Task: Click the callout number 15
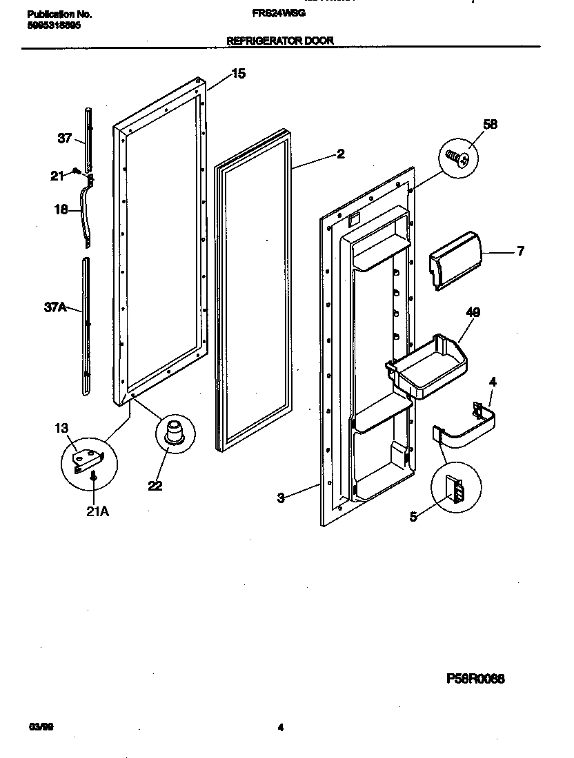pos(237,74)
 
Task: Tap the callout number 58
pos(490,125)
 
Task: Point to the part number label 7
pos(520,252)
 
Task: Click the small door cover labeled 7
pos(455,260)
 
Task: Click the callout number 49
pos(473,313)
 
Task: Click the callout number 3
pos(281,498)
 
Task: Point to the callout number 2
pos(340,154)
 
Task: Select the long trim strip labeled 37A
pos(85,324)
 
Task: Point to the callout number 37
pos(64,139)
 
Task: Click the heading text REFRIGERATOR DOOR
pos(280,41)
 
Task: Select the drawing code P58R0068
pos(476,678)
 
